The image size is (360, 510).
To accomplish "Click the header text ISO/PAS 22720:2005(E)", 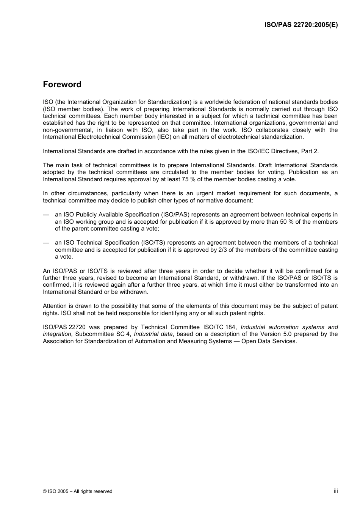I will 301,25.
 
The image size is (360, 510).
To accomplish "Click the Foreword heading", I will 62,85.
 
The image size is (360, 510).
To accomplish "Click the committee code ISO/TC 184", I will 220,327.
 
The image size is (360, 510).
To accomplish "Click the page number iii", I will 335,491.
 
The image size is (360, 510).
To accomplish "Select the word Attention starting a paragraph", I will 55,306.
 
